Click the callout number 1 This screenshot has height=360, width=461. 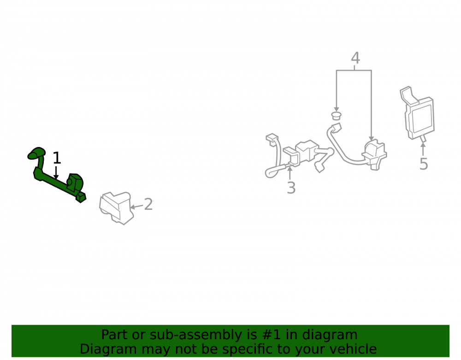[x=57, y=158]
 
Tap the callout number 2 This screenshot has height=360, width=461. [x=148, y=204]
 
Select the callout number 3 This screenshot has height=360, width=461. [x=291, y=188]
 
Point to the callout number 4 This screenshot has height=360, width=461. [x=355, y=58]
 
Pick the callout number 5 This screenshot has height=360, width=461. [x=424, y=164]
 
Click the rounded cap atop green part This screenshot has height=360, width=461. [x=36, y=153]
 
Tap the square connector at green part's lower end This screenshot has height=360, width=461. [x=81, y=197]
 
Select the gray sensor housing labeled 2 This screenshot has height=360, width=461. [x=117, y=208]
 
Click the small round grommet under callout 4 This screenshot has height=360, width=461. [x=336, y=115]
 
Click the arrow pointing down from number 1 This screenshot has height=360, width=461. [x=56, y=172]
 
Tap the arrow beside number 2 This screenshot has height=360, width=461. [x=136, y=207]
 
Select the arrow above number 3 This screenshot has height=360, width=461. [x=290, y=173]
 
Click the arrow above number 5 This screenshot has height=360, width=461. [x=423, y=149]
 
